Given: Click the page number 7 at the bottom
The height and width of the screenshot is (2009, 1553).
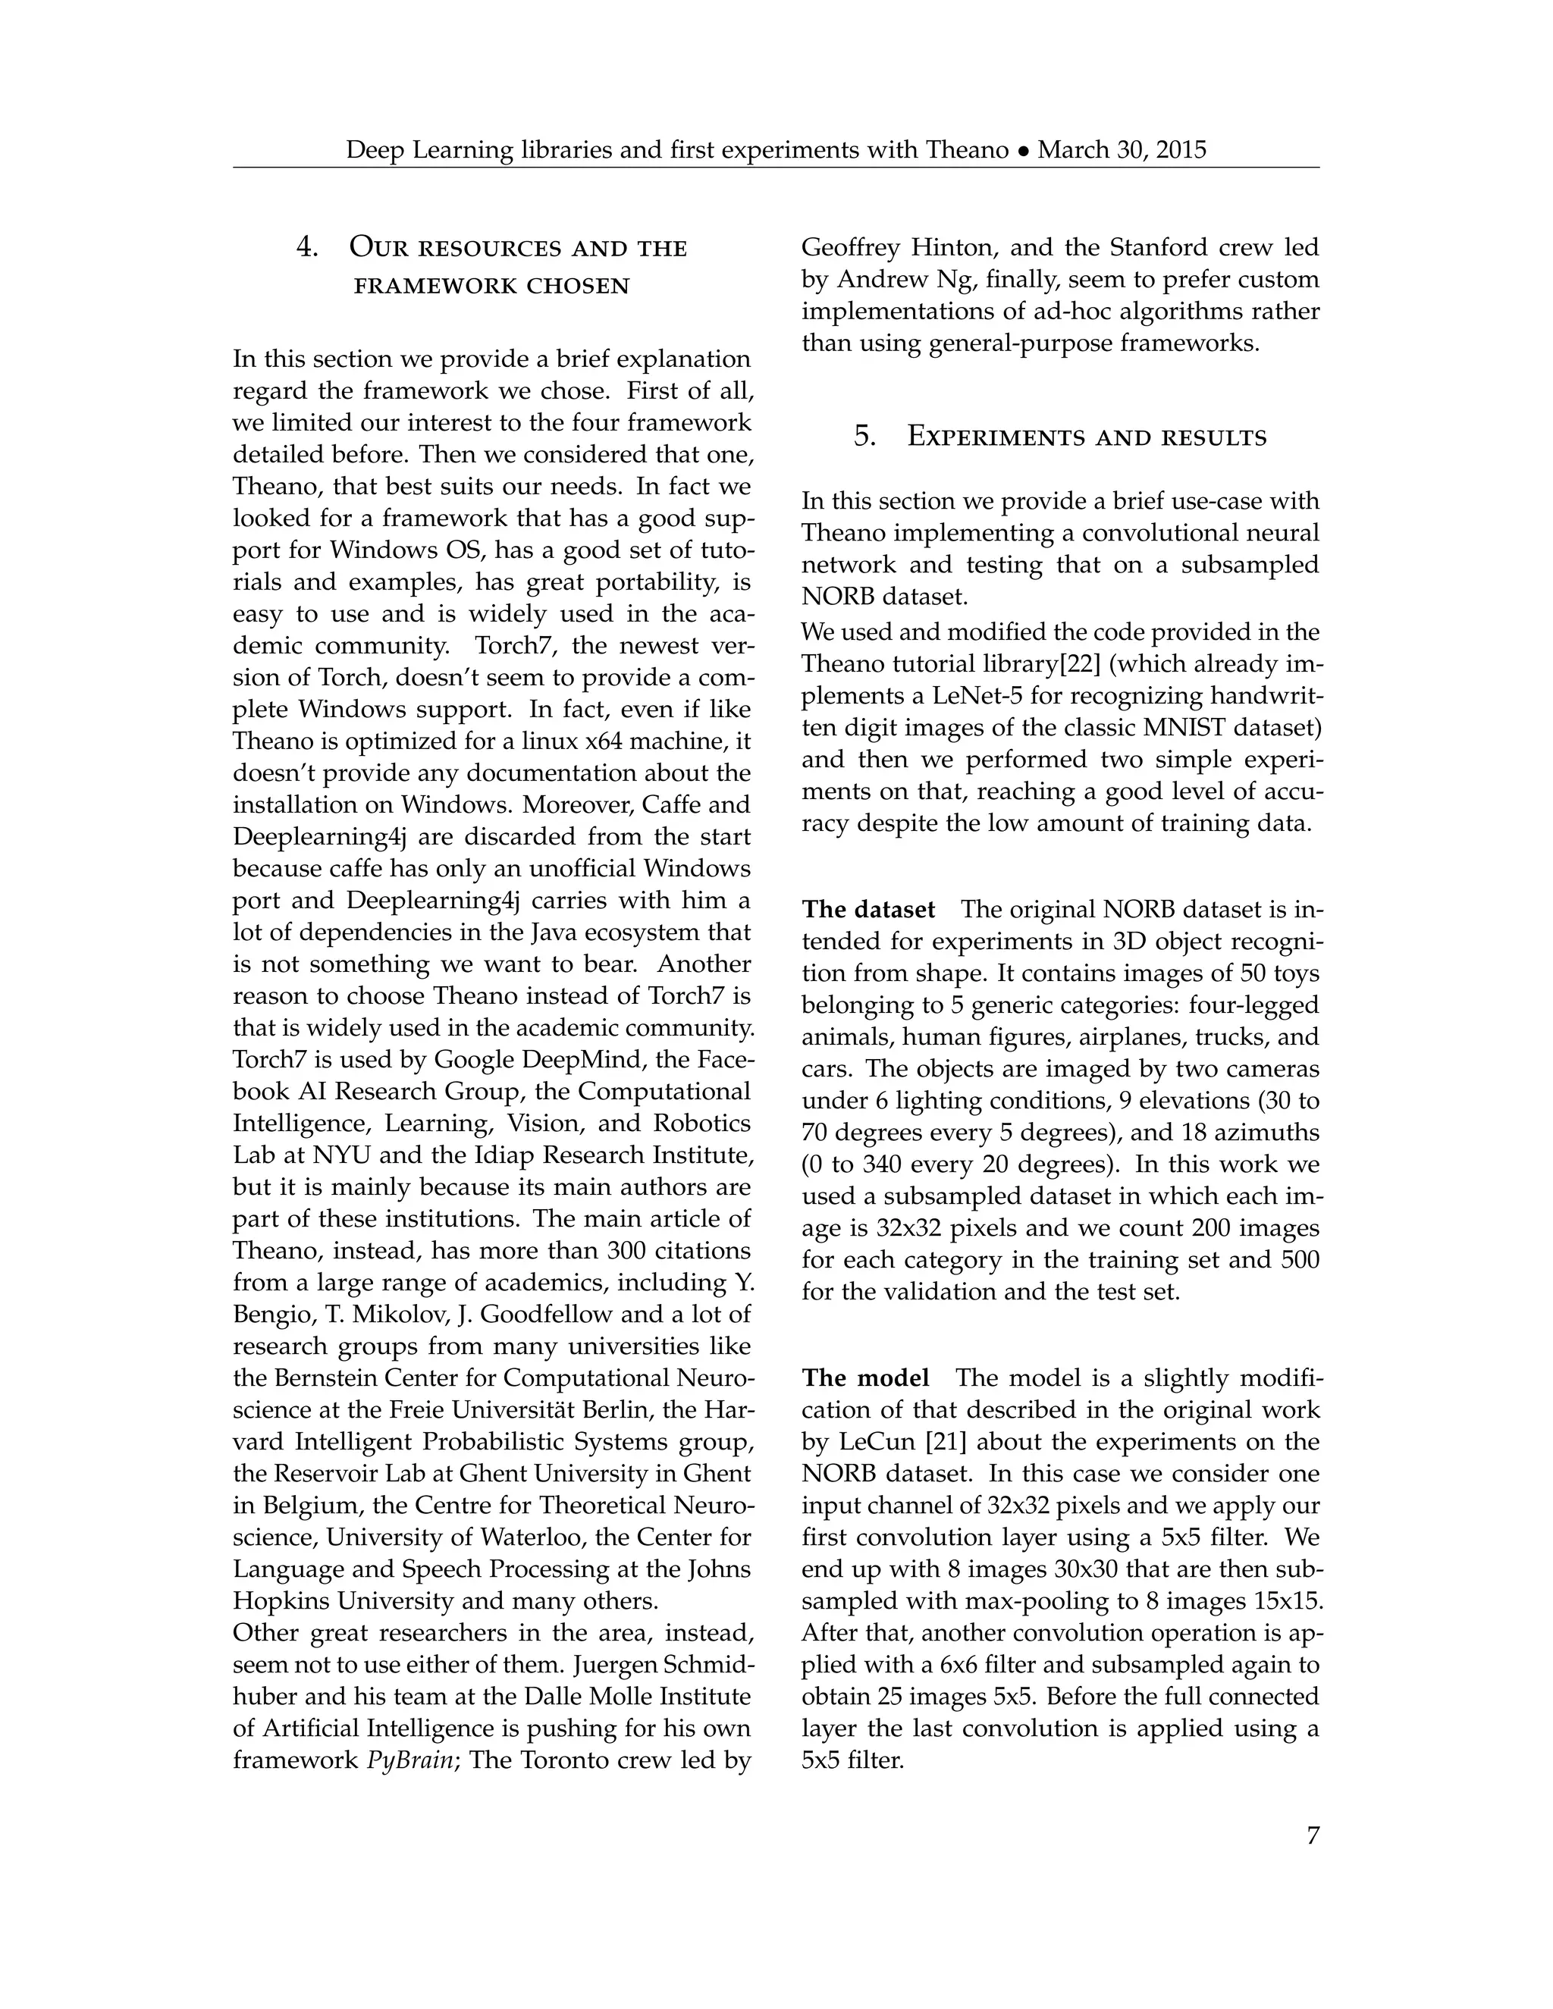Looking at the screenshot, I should pyautogui.click(x=1312, y=1835).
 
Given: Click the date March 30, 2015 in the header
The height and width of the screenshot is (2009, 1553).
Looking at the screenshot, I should pyautogui.click(x=1122, y=150).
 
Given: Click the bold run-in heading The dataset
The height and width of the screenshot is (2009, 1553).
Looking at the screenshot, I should pyautogui.click(x=867, y=910).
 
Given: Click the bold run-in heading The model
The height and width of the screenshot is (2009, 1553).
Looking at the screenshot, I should pyautogui.click(x=864, y=1378).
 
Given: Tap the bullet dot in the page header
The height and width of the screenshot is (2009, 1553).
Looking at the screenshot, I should pyautogui.click(x=1023, y=151).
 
